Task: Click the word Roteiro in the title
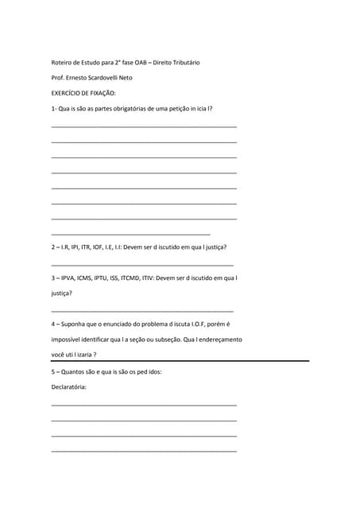coord(61,62)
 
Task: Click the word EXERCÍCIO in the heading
coord(68,93)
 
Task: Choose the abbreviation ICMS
coord(87,278)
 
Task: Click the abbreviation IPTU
coord(105,278)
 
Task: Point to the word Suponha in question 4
coord(74,324)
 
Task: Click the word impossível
coord(67,340)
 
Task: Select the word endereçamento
coord(220,340)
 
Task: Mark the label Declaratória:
coord(68,387)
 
